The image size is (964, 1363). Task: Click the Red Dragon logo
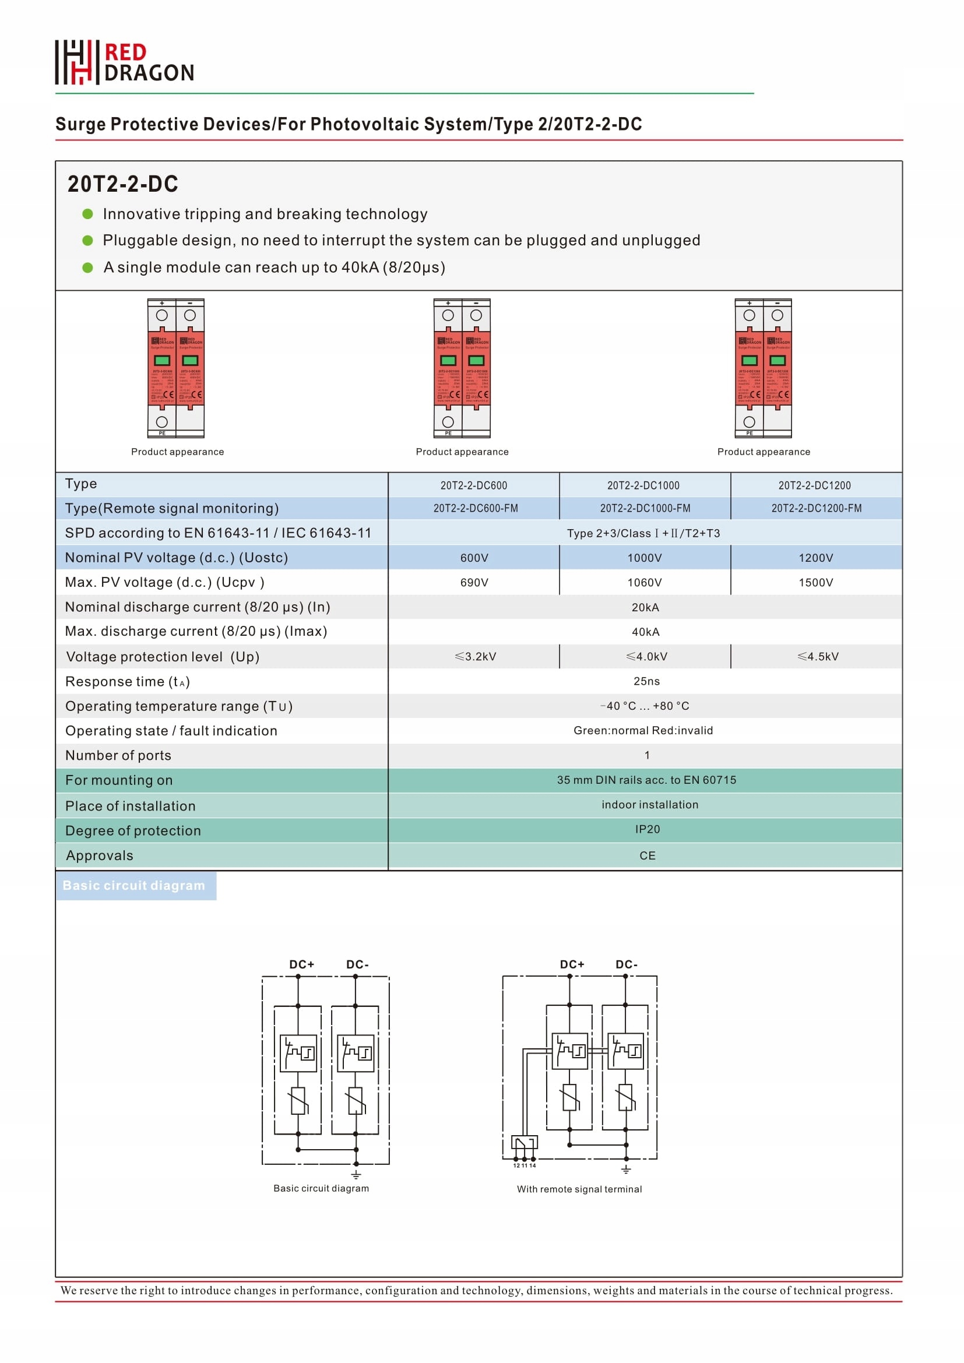point(125,62)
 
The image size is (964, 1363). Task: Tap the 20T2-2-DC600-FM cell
point(475,508)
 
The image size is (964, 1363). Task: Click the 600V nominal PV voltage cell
point(474,558)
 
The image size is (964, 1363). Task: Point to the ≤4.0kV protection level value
point(646,657)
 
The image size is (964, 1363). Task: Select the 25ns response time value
point(646,681)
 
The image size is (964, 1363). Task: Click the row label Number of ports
point(118,755)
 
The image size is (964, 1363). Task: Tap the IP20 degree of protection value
point(646,829)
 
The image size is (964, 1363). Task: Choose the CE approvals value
point(647,855)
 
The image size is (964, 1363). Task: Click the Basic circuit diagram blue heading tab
point(135,886)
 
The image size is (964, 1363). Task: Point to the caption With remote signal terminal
point(579,1189)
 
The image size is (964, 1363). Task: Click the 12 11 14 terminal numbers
point(524,1165)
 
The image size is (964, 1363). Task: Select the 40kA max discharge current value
point(645,632)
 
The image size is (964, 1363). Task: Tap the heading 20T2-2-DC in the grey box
point(122,184)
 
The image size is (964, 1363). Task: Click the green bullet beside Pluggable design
point(88,241)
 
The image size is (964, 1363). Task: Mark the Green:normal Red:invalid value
point(643,730)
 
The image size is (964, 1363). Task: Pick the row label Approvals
point(99,855)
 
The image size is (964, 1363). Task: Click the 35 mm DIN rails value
point(646,780)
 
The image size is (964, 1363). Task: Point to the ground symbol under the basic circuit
point(356,1174)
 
